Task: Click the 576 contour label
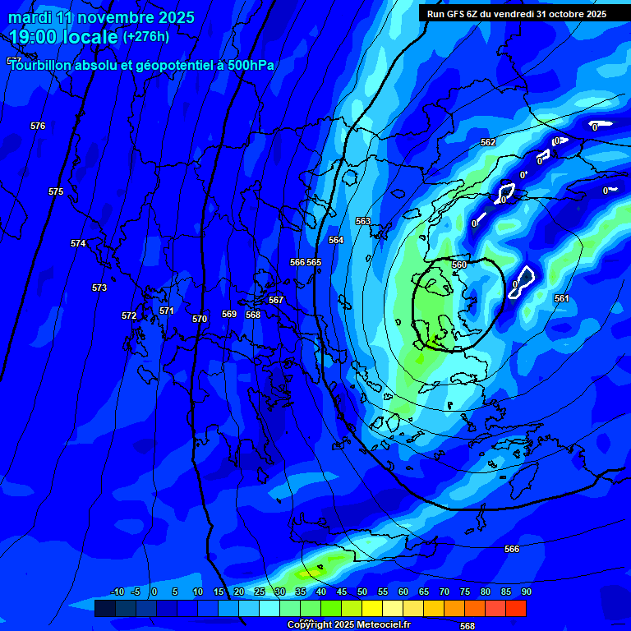pyautogui.click(x=38, y=126)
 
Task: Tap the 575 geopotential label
pyautogui.click(x=56, y=191)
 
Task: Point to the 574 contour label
pyautogui.click(x=78, y=243)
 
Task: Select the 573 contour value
pyautogui.click(x=99, y=288)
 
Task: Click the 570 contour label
pyautogui.click(x=200, y=319)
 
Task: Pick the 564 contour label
pyautogui.click(x=336, y=240)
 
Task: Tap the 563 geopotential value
pyautogui.click(x=363, y=221)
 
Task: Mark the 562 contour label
pyautogui.click(x=488, y=142)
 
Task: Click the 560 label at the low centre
pyautogui.click(x=459, y=265)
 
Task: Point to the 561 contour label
pyautogui.click(x=561, y=298)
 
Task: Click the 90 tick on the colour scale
pyautogui.click(x=526, y=592)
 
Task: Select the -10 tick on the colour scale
pyautogui.click(x=117, y=592)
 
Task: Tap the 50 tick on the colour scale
pyautogui.click(x=362, y=592)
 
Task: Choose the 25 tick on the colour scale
pyautogui.click(x=260, y=592)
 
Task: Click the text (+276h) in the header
pyautogui.click(x=146, y=36)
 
